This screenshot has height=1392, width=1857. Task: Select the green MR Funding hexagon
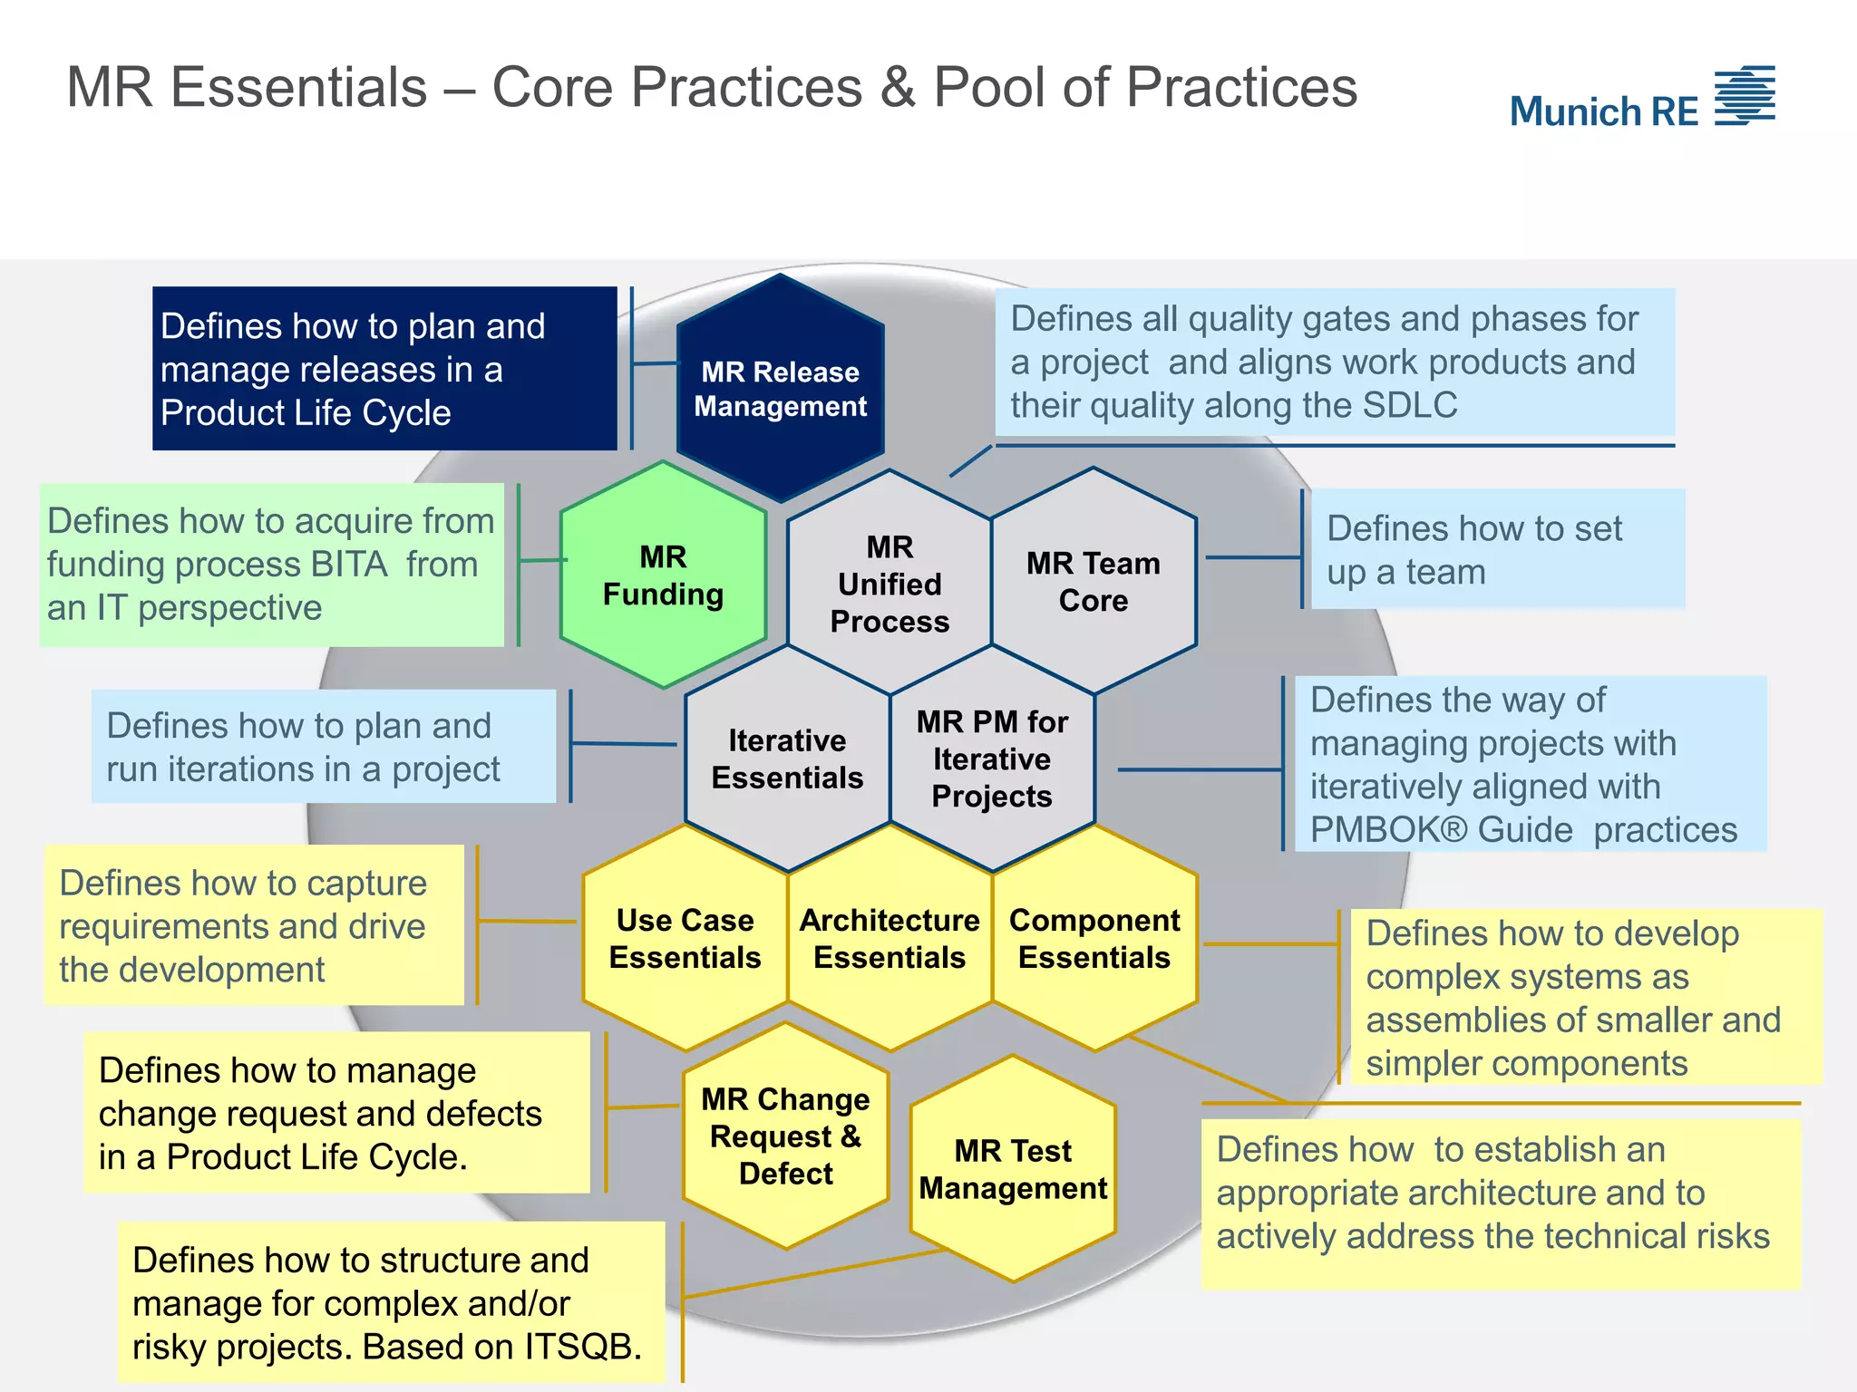click(663, 575)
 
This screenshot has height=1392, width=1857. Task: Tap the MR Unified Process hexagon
click(889, 584)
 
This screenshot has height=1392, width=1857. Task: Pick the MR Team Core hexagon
click(1094, 581)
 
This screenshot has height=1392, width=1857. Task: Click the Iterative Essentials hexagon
click(786, 759)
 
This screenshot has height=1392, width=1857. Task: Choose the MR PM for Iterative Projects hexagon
click(992, 759)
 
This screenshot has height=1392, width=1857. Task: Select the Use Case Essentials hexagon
click(685, 938)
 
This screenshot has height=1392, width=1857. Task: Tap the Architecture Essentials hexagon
click(889, 938)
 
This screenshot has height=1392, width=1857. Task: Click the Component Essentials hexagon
click(1094, 938)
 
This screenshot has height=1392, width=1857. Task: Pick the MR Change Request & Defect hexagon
click(785, 1136)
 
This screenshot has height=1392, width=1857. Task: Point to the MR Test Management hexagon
click(1013, 1169)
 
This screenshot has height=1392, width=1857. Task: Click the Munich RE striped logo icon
click(1745, 95)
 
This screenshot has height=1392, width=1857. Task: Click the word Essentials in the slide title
click(299, 88)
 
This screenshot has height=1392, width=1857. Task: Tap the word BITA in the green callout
click(349, 565)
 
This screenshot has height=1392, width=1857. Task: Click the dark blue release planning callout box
click(384, 368)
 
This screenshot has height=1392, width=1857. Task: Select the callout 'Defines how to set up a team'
click(1496, 549)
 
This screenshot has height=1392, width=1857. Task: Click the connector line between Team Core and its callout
click(1251, 557)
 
